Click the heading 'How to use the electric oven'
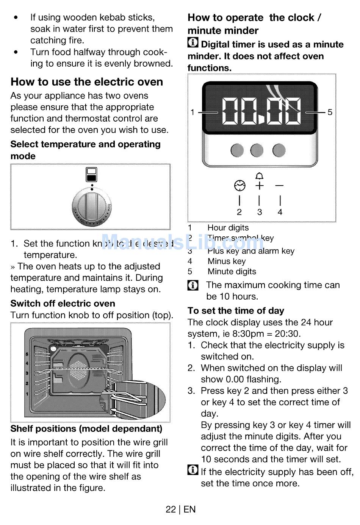(87, 82)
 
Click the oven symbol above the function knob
(92, 175)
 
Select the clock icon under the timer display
(239, 186)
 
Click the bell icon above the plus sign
(259, 176)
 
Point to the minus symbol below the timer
(279, 186)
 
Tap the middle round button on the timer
(257, 150)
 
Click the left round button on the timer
(237, 150)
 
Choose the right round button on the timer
(279, 150)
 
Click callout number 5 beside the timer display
(330, 112)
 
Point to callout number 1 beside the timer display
(193, 112)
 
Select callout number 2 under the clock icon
(239, 212)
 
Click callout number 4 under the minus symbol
(280, 212)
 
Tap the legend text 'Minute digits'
(232, 272)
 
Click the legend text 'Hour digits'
(228, 228)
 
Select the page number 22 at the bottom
(171, 509)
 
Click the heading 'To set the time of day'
(236, 311)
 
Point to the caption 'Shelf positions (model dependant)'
(86, 429)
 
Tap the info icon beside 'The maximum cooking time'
(193, 285)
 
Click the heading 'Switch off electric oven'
(63, 303)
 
